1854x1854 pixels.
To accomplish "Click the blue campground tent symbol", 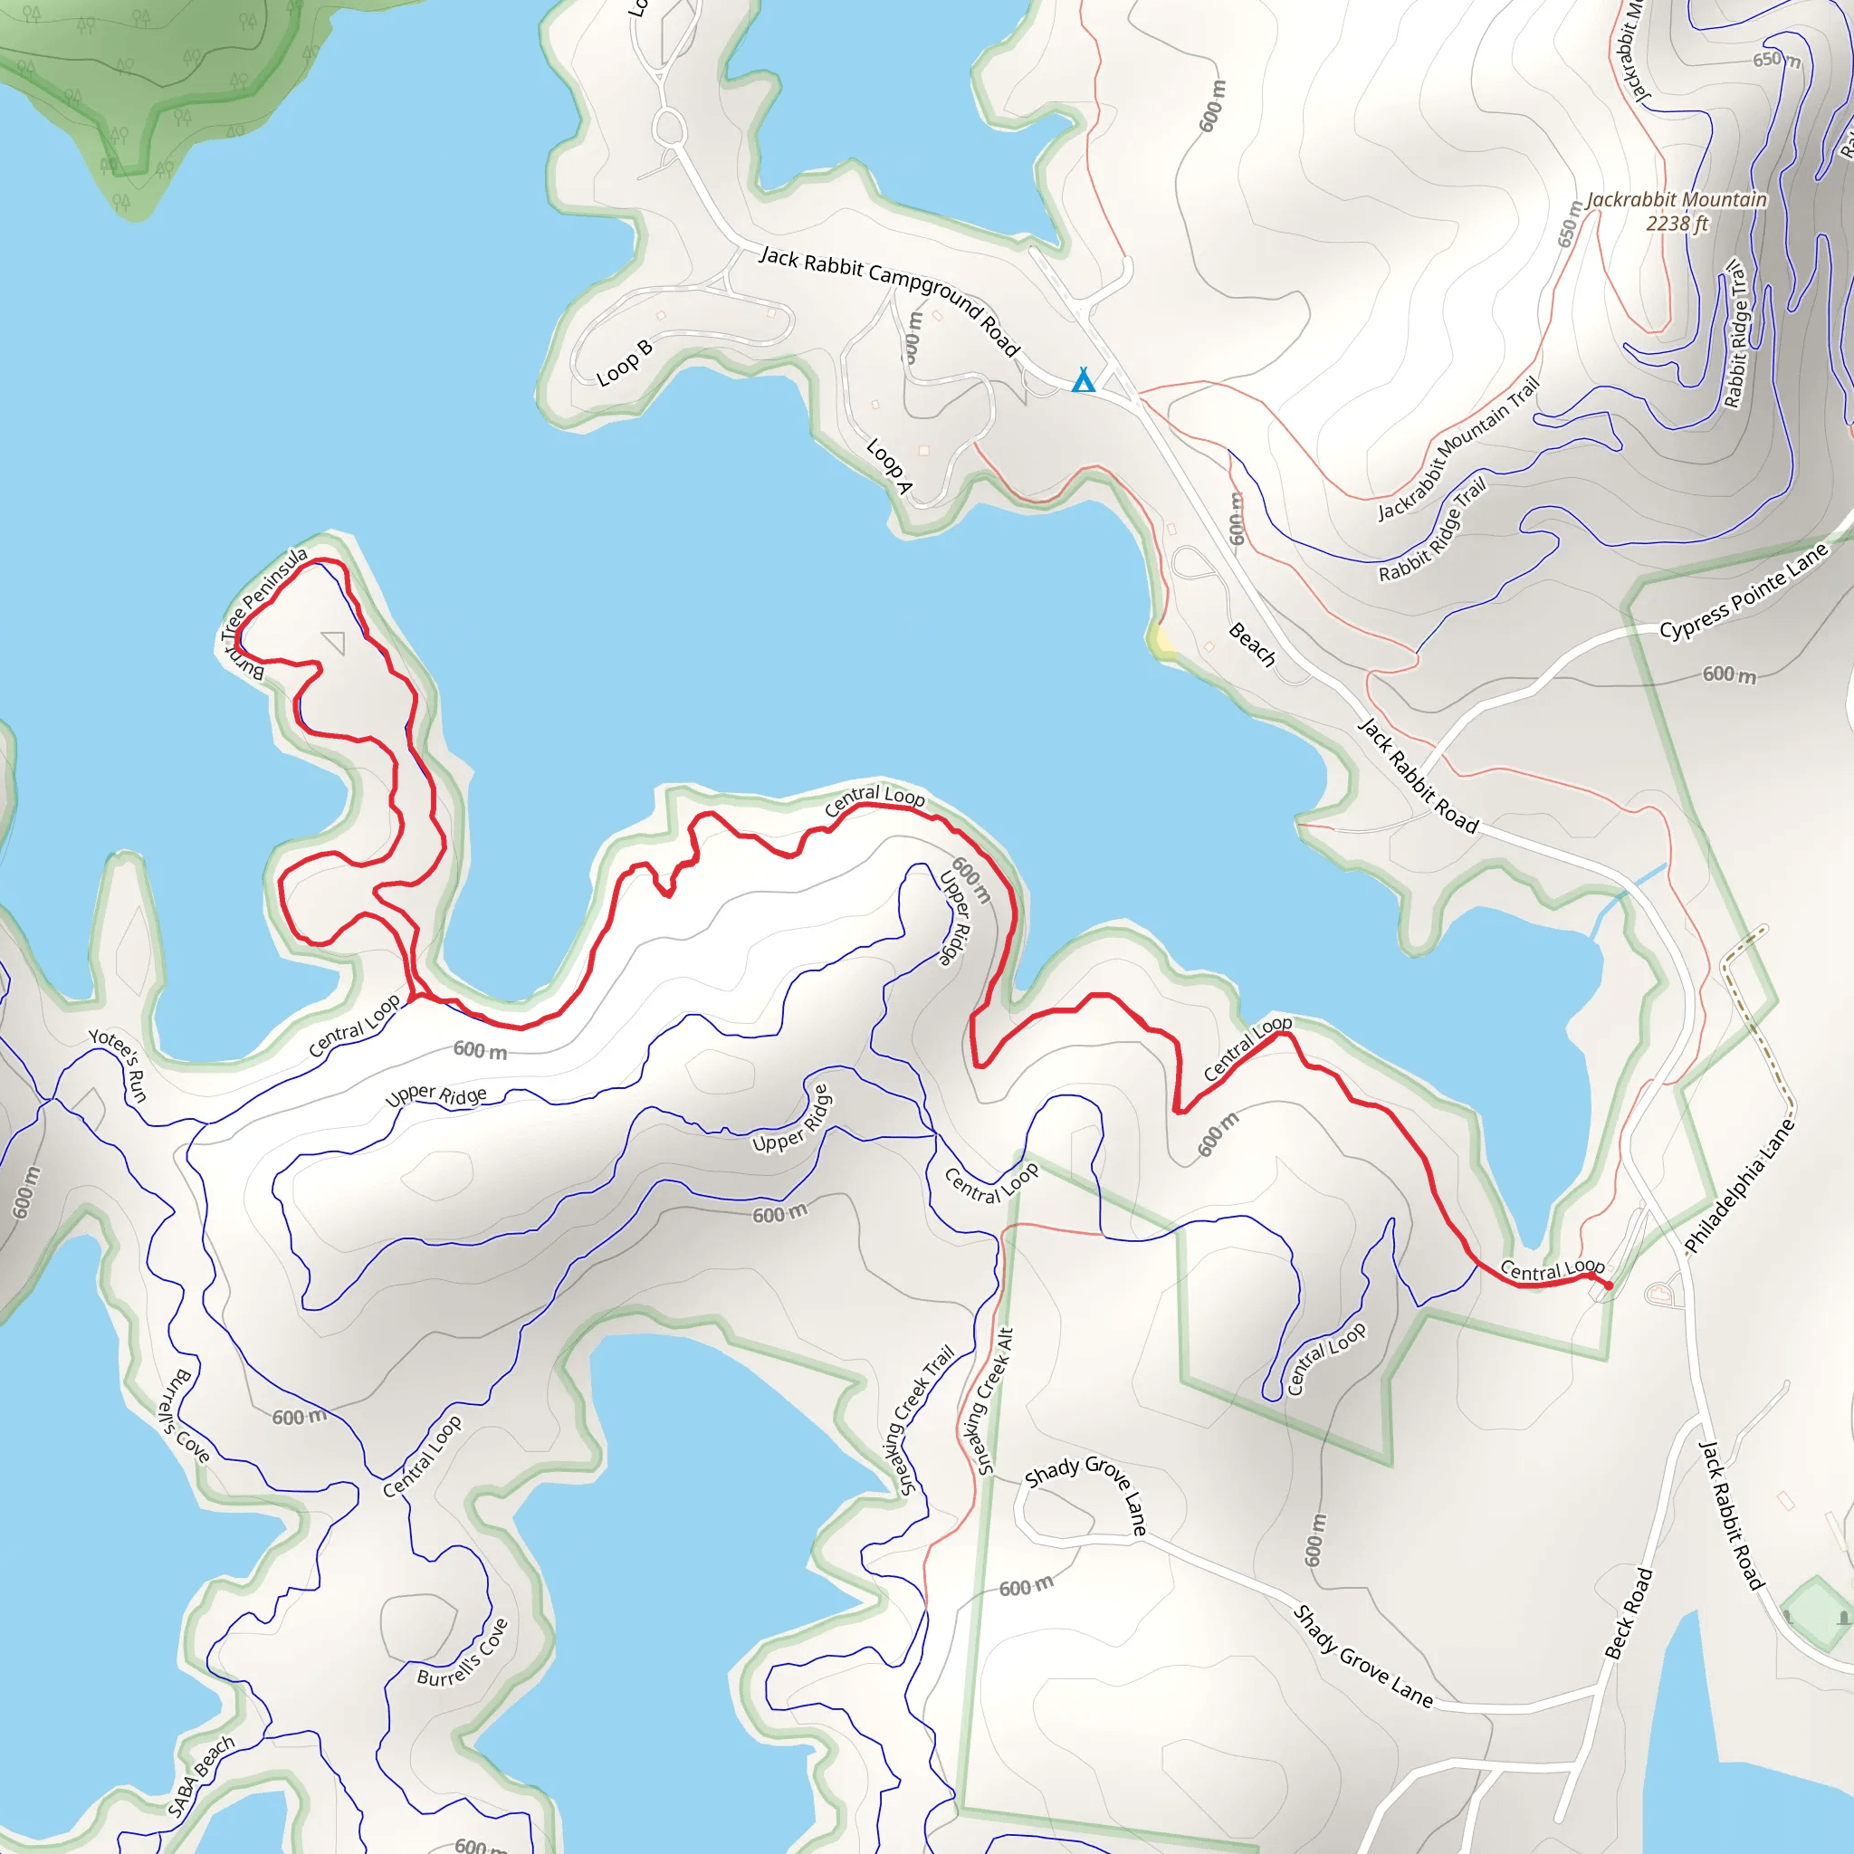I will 1084,380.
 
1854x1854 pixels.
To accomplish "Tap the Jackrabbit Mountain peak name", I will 1676,199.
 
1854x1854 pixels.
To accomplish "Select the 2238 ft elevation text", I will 1677,224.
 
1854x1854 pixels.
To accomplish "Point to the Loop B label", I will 624,362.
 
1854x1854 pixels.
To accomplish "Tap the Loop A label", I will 889,465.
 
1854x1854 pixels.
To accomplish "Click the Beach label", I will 1252,644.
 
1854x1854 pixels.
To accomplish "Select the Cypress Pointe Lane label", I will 1744,591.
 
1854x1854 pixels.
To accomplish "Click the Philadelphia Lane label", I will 1739,1186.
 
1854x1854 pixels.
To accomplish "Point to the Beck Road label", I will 1629,1613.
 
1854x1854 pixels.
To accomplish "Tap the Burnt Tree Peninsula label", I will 261,610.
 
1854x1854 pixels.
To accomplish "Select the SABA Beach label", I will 201,1776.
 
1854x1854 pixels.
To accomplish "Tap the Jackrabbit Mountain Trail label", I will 1457,448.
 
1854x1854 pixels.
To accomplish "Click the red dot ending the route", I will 1609,1285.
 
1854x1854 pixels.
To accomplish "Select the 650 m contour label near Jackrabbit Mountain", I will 1568,225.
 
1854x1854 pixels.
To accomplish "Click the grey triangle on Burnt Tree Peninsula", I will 334,641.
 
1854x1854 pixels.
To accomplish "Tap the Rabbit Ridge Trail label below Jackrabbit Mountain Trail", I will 1432,530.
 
